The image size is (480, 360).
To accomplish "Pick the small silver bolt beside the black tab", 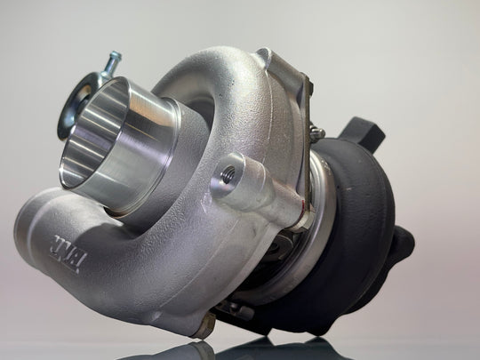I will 317,134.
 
